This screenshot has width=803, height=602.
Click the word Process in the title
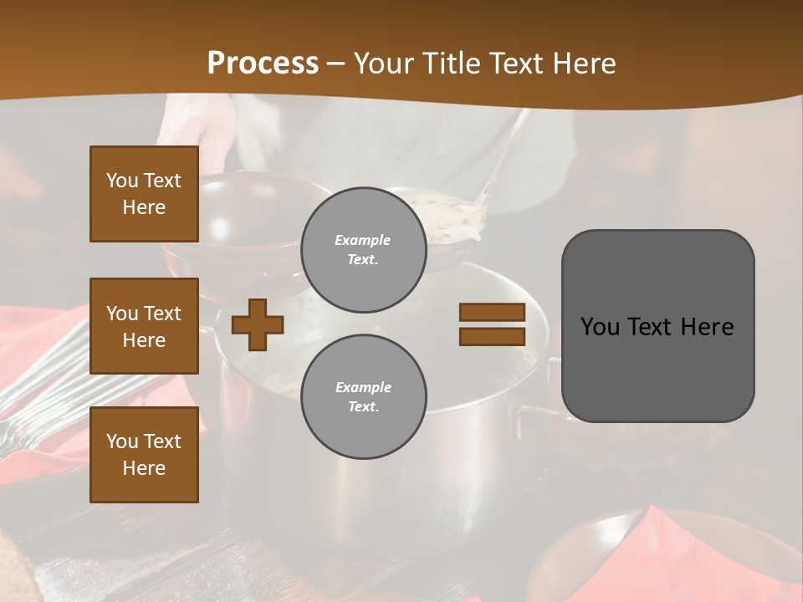tap(263, 64)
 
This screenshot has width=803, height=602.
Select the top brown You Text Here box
tap(144, 194)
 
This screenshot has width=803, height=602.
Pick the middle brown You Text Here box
tap(144, 326)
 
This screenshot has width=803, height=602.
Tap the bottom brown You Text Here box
tap(144, 454)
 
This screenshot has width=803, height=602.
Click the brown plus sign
tap(258, 324)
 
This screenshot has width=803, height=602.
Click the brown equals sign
tap(492, 324)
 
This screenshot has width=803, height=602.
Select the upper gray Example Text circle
tap(363, 249)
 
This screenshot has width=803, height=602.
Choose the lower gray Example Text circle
tap(363, 396)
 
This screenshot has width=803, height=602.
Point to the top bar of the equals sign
tap(492, 313)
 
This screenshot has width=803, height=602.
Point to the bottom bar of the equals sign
tap(492, 336)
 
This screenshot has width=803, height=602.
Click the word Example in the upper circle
tap(363, 240)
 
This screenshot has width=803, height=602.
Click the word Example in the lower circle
tap(363, 387)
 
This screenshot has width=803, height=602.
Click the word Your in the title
tap(382, 64)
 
